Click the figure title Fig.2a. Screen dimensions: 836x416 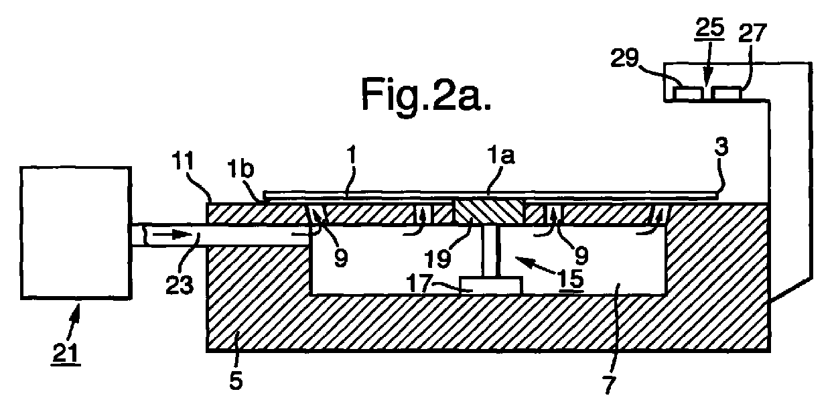(426, 95)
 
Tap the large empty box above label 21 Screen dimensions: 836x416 (76, 233)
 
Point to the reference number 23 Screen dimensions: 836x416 (180, 286)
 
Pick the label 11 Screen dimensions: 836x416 (183, 162)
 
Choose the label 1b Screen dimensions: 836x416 (240, 169)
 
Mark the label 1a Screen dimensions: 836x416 (502, 155)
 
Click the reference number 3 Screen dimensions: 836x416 (721, 147)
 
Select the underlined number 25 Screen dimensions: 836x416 (710, 29)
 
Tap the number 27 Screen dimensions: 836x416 (752, 33)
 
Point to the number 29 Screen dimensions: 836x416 (624, 58)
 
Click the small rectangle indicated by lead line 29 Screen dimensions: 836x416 (688, 93)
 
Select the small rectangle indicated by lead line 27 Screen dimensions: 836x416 (726, 93)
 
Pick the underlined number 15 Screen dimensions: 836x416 (571, 279)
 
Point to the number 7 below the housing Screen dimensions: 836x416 (608, 385)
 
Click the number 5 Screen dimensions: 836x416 (236, 381)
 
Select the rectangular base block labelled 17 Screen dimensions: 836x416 (491, 285)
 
